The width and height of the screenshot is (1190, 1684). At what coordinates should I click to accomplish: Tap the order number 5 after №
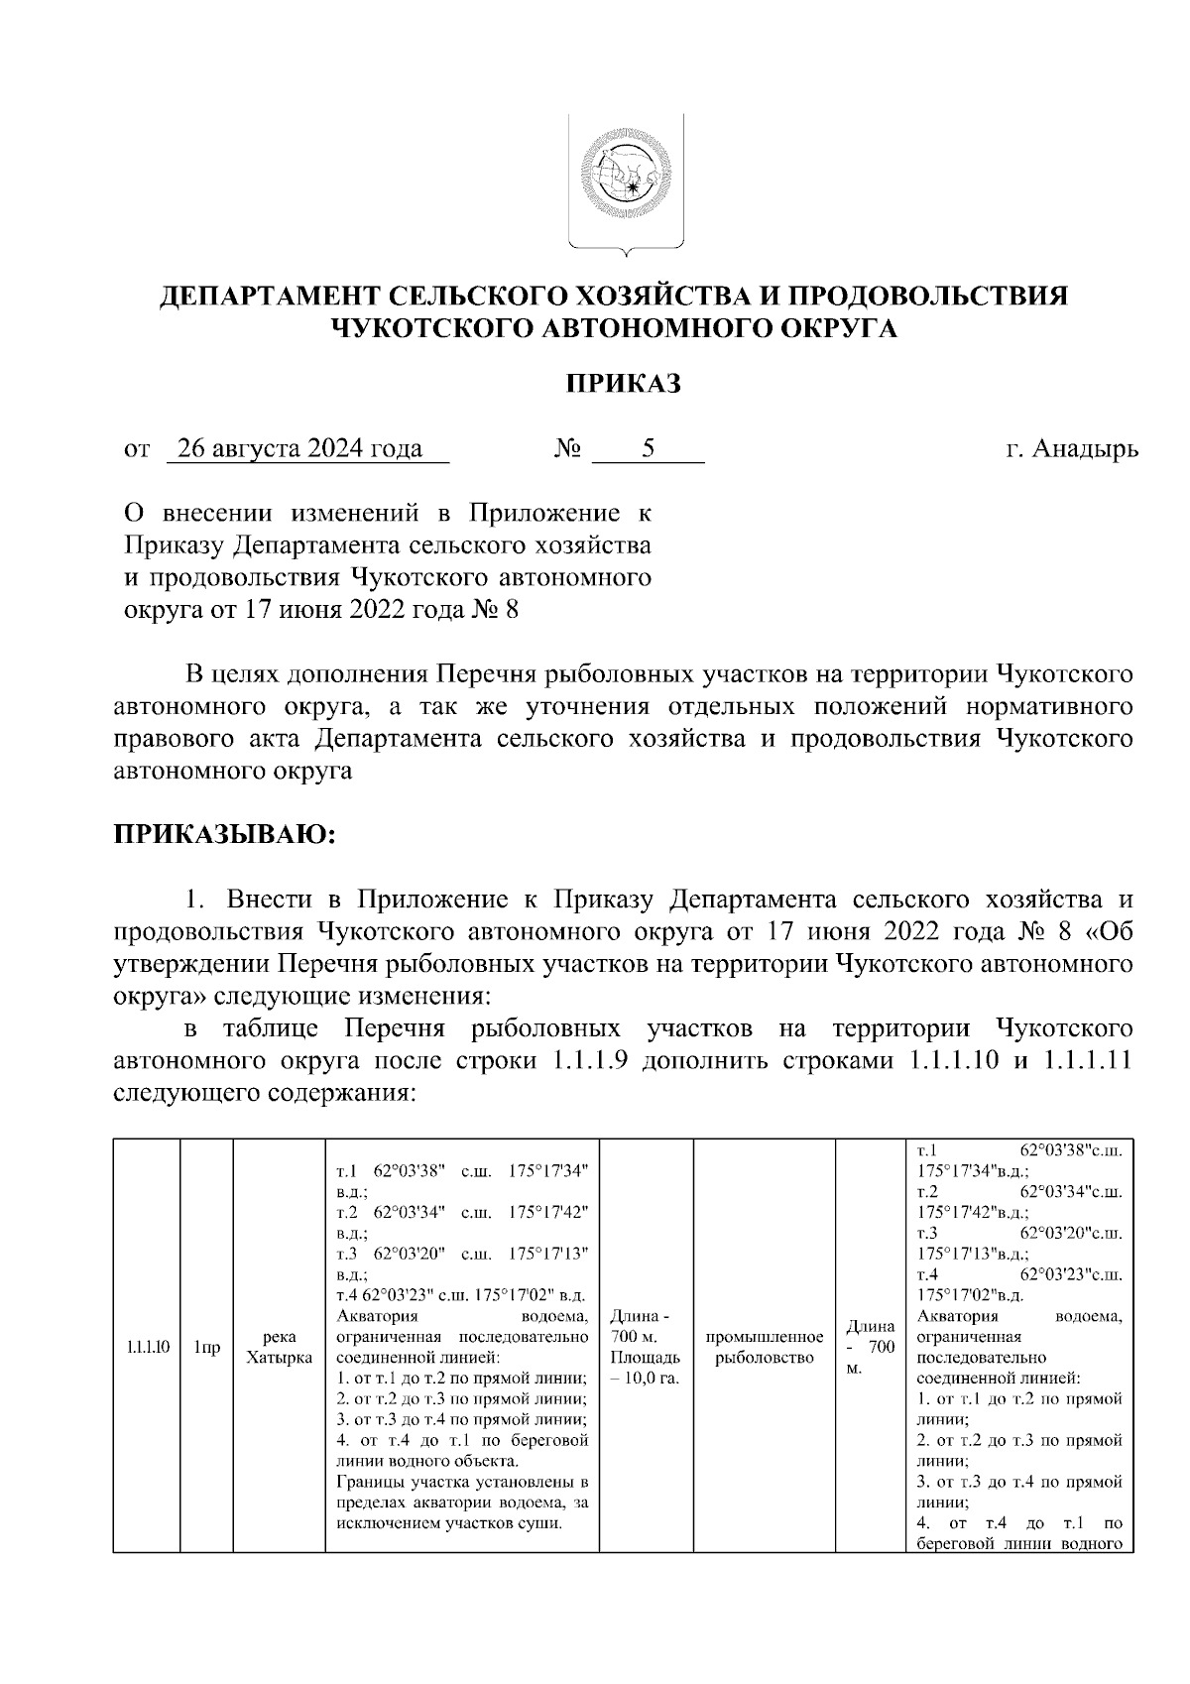click(648, 449)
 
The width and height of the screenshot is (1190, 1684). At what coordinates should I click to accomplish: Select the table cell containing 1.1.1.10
click(148, 1346)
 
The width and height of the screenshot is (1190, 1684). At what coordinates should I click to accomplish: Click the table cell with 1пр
click(206, 1346)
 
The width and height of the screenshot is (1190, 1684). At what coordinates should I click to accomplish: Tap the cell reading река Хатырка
click(279, 1346)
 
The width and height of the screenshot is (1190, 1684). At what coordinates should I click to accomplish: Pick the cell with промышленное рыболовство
click(764, 1346)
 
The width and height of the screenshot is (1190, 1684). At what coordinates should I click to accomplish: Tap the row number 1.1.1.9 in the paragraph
click(585, 1061)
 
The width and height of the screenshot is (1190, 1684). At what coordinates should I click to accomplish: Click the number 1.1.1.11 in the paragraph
click(1075, 1061)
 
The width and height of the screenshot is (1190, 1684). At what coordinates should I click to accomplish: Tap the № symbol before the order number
click(566, 450)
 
